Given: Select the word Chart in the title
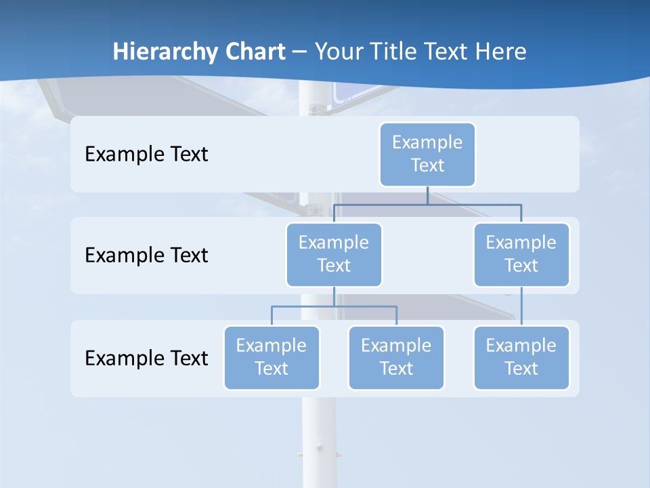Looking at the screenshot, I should pos(253,52).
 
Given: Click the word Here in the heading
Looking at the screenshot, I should pos(501,52).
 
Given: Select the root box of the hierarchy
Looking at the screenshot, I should pos(427,154).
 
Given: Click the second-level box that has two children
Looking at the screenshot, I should pos(334,254).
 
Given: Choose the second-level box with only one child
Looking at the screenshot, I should pos(521,254).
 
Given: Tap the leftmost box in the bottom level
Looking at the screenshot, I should pos(272,357).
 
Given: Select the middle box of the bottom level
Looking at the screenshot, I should pos(396,357).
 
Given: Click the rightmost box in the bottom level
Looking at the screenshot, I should pos(521,357).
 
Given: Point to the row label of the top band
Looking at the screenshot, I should pos(146,155).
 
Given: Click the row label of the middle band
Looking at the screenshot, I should pos(146,256).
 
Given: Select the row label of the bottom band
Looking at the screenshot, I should pos(146,359).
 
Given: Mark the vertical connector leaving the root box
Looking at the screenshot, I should pos(427,195).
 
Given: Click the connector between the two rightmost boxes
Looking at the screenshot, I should pos(521,306).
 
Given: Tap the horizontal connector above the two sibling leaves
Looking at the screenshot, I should pos(334,306).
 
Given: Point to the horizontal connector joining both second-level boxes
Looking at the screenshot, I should pos(427,204).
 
